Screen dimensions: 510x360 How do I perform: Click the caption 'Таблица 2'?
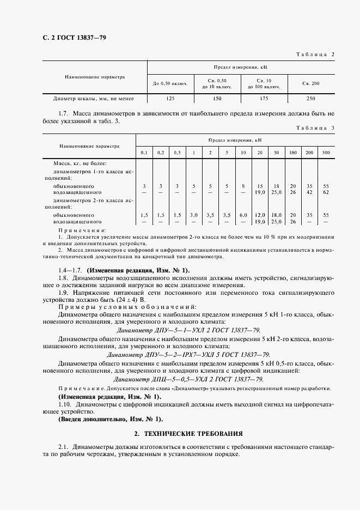point(315,54)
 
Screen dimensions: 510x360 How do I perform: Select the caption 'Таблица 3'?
point(315,127)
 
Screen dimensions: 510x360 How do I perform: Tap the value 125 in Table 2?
point(170,99)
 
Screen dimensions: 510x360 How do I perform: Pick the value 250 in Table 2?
point(310,99)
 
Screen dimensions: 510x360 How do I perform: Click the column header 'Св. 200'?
point(310,83)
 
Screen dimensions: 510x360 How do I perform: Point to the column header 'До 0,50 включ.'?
point(170,83)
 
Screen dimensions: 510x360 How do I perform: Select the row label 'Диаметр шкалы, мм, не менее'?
point(93,99)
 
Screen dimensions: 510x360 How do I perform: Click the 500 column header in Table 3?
point(326,152)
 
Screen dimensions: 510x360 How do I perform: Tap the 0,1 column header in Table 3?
point(144,152)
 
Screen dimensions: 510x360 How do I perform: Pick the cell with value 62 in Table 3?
point(326,192)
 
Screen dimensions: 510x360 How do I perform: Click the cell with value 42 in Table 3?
point(309,192)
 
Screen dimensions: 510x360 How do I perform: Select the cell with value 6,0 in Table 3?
point(243,215)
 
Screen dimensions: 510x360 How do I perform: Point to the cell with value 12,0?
point(260,215)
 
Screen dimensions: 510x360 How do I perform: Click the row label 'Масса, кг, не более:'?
point(80,163)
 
